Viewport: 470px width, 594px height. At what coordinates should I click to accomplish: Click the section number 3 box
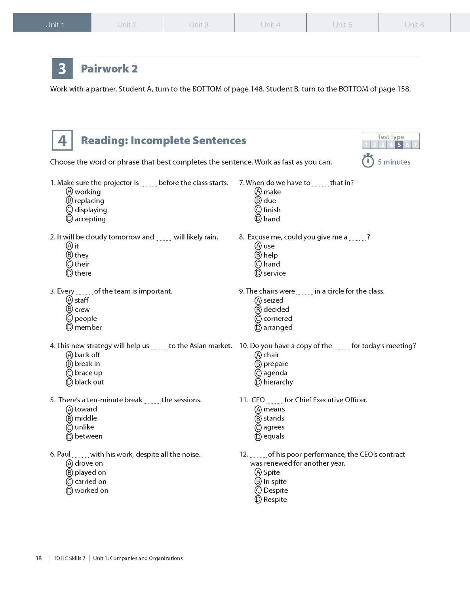[62, 69]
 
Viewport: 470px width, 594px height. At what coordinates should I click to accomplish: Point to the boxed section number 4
[62, 140]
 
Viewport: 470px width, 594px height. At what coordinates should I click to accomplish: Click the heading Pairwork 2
[109, 69]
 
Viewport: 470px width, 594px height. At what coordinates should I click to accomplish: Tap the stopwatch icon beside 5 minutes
[368, 161]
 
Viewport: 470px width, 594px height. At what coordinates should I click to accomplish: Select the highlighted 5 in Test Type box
[399, 145]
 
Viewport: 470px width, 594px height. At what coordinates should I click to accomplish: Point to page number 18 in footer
[39, 558]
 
